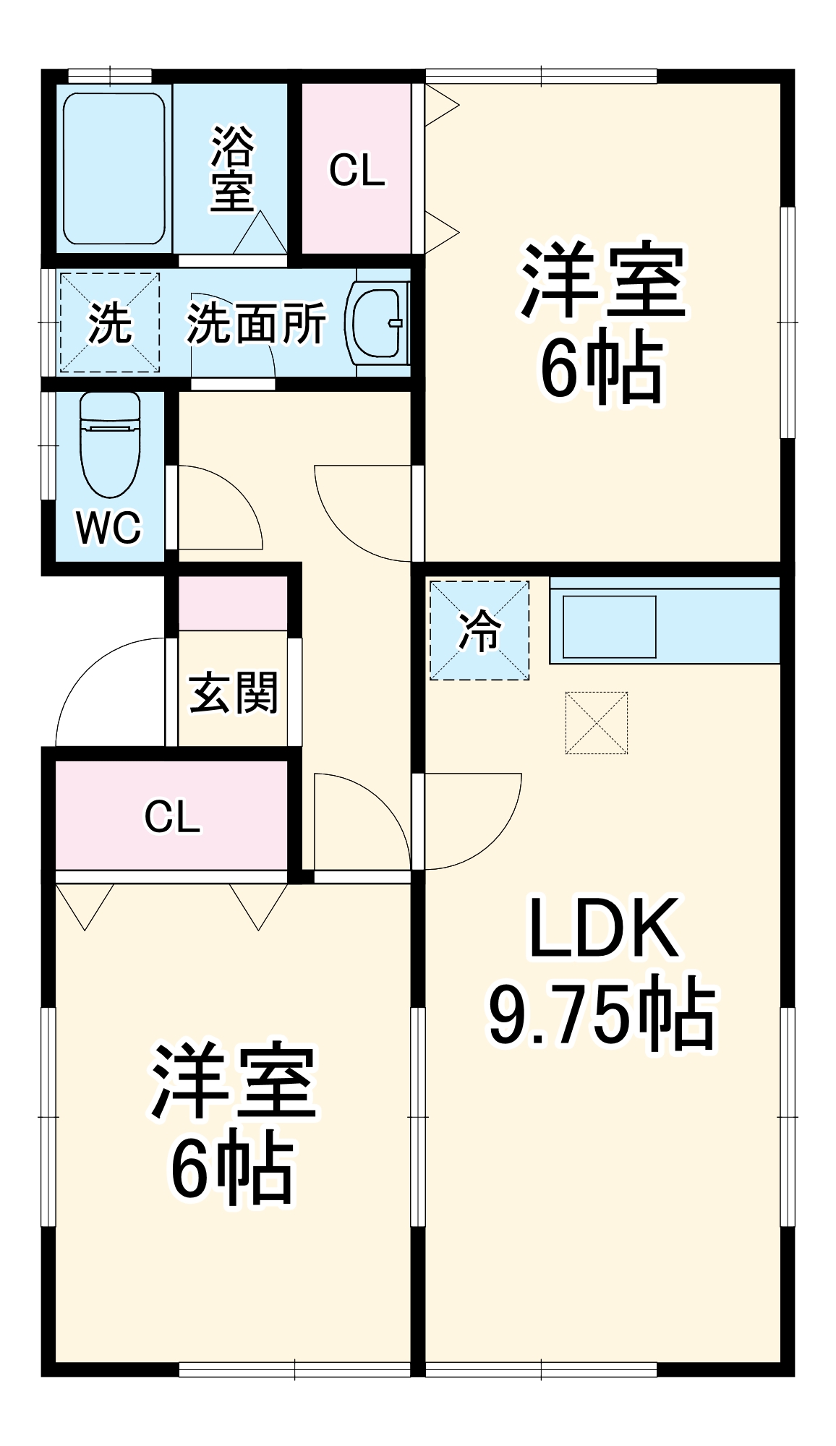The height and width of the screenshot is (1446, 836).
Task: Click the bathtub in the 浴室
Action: point(114,168)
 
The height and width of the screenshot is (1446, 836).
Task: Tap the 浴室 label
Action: point(232,170)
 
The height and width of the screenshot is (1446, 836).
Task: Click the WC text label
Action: point(109,528)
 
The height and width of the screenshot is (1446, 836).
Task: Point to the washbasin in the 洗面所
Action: point(378,321)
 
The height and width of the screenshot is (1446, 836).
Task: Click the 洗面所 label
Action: point(256,323)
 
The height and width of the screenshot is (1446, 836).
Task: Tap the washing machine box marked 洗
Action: point(110,322)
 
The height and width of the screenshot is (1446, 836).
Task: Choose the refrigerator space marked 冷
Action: point(479,630)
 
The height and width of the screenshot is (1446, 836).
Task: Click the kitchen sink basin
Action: point(609,627)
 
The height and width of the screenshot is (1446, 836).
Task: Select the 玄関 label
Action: point(233,693)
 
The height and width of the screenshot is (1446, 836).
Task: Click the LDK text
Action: point(603,929)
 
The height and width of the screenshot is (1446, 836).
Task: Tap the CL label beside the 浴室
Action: point(357,171)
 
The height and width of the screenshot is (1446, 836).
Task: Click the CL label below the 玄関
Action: point(171,816)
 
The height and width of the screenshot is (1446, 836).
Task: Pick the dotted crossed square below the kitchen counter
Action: point(597,722)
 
